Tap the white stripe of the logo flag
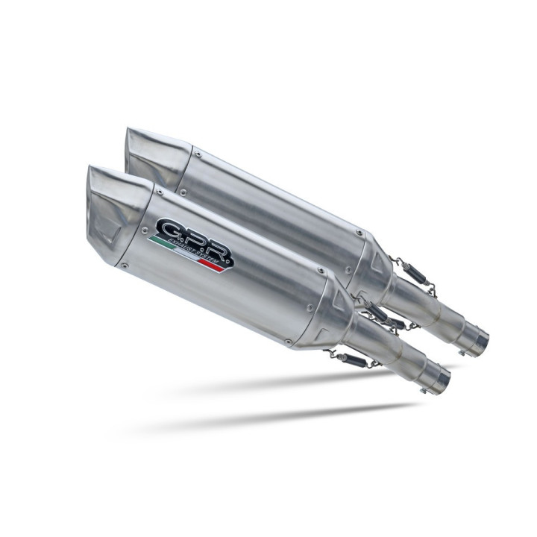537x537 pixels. click(190, 256)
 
